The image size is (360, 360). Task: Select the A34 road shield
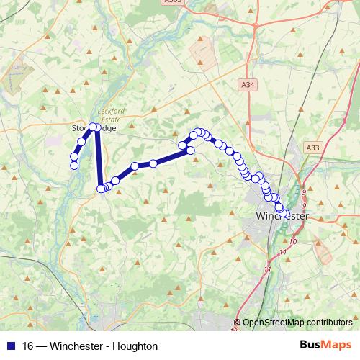(248, 85)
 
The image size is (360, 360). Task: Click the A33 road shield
(312, 148)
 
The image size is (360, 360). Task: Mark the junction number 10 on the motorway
(293, 241)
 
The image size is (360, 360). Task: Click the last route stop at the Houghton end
(73, 166)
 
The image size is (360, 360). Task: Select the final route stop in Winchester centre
(284, 213)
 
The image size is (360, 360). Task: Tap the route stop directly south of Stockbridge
(101, 189)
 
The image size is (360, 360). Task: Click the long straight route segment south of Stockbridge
(97, 158)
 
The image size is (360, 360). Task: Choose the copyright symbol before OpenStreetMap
(237, 323)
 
